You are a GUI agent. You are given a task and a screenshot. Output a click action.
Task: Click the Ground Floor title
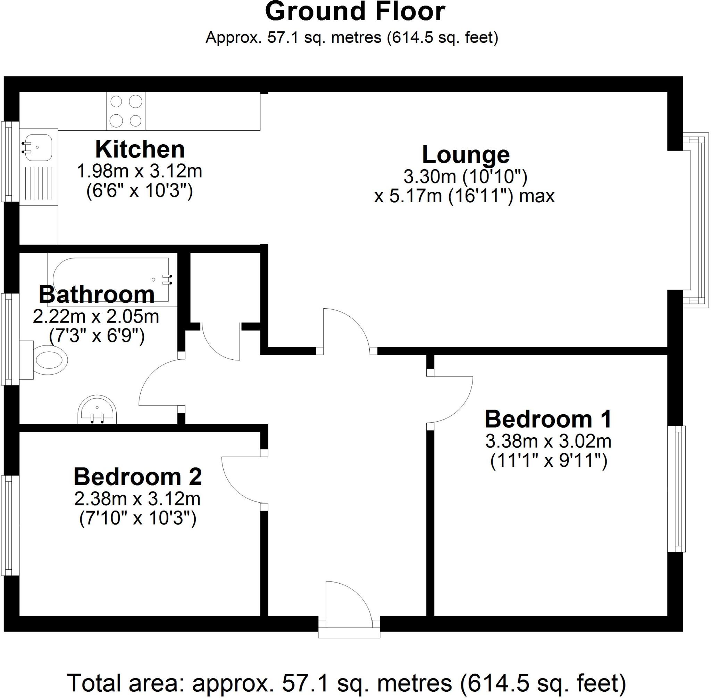[x=355, y=12]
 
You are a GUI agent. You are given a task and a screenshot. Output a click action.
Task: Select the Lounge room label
[x=465, y=155]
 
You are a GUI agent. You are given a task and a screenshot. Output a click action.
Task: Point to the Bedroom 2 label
[x=138, y=477]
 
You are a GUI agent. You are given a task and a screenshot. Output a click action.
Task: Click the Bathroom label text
[x=97, y=294]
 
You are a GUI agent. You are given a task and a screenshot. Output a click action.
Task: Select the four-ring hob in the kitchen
[x=126, y=111]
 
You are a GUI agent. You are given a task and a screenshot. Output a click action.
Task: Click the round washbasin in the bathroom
[x=97, y=410]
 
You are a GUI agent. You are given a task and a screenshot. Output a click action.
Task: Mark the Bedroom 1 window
[x=677, y=489]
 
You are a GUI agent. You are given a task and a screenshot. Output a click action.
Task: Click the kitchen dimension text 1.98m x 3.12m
[x=140, y=171]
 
